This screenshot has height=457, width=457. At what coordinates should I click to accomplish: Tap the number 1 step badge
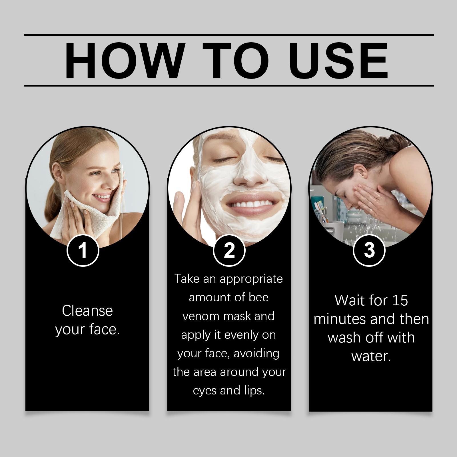83,250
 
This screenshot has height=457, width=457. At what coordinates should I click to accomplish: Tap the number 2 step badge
229,250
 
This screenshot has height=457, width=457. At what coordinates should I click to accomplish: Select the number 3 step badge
369,250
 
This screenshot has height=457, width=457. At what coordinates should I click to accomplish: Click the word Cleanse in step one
87,311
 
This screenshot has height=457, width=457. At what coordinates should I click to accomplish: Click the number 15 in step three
400,300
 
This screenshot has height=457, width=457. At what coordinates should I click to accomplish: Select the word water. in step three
371,356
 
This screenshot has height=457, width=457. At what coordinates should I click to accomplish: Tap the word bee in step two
259,297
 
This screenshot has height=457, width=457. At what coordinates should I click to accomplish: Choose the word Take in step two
187,278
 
